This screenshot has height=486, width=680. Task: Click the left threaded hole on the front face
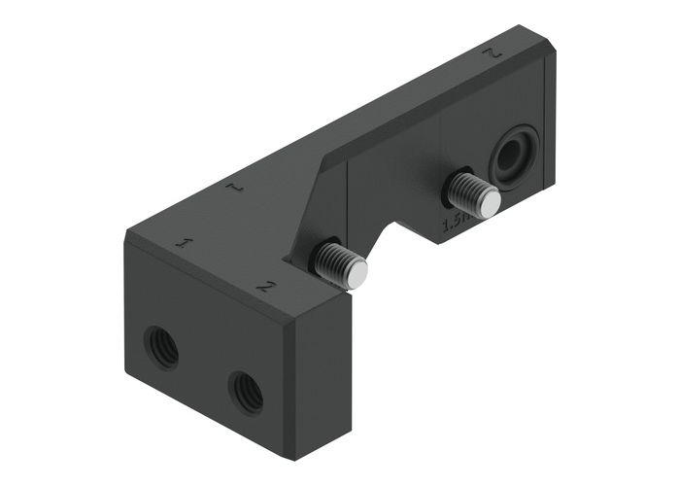pyautogui.click(x=161, y=346)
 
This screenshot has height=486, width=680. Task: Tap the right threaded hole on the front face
pyautogui.click(x=245, y=391)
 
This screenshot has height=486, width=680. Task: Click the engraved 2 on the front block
pyautogui.click(x=263, y=286)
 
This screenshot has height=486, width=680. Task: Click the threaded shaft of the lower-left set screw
pyautogui.click(x=330, y=260)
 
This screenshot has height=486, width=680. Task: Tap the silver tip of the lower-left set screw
pyautogui.click(x=357, y=275)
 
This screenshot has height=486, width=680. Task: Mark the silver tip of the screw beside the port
pyautogui.click(x=491, y=202)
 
